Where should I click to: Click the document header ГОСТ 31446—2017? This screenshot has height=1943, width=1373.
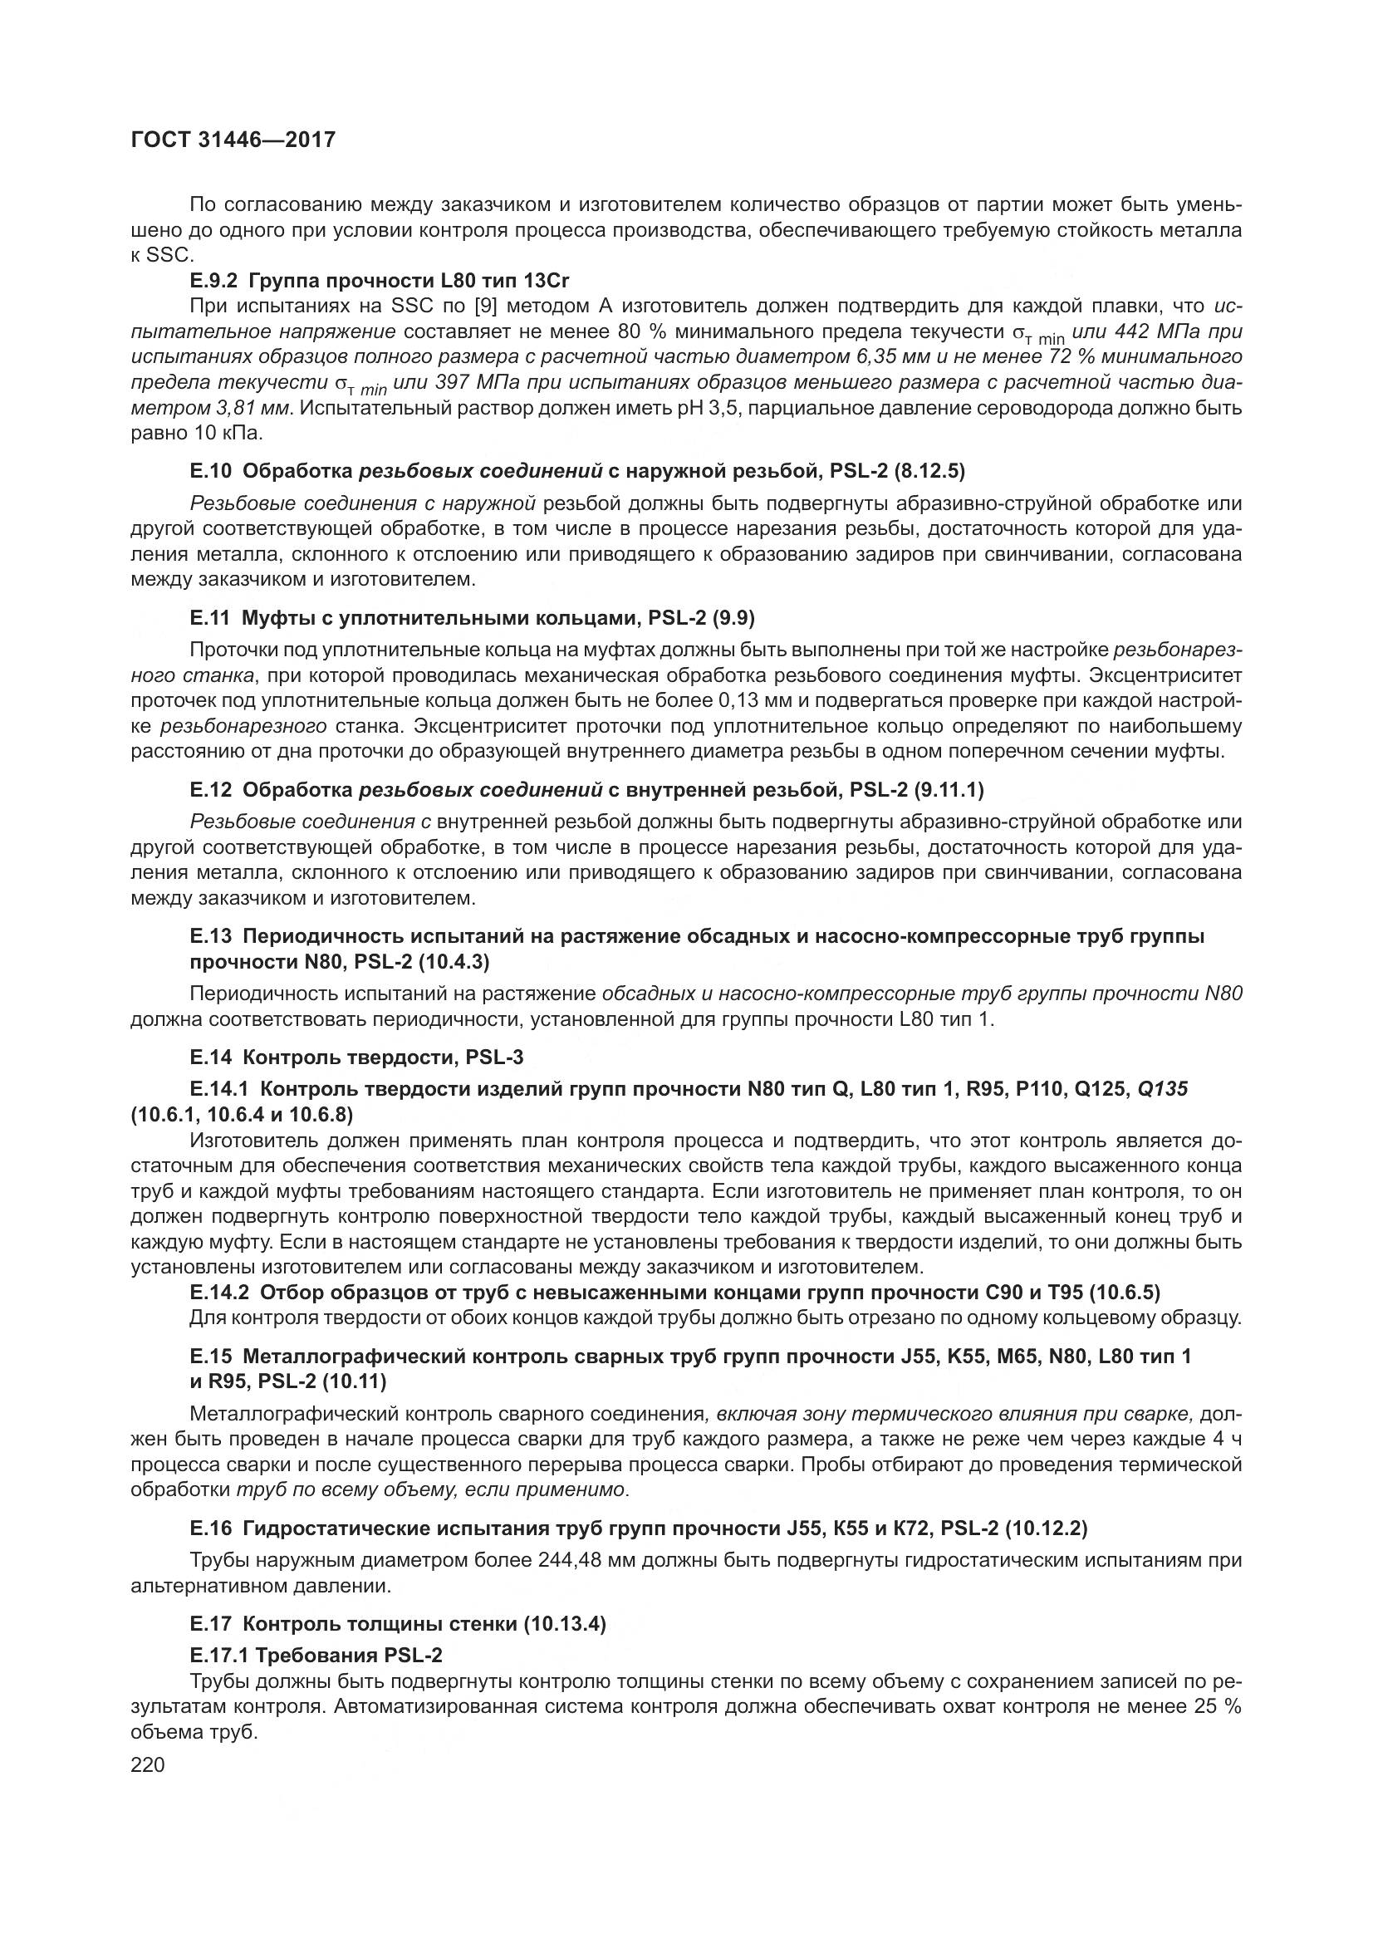click(233, 140)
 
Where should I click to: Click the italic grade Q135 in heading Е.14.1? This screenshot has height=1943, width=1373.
click(1162, 1089)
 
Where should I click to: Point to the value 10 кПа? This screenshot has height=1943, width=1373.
click(223, 434)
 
